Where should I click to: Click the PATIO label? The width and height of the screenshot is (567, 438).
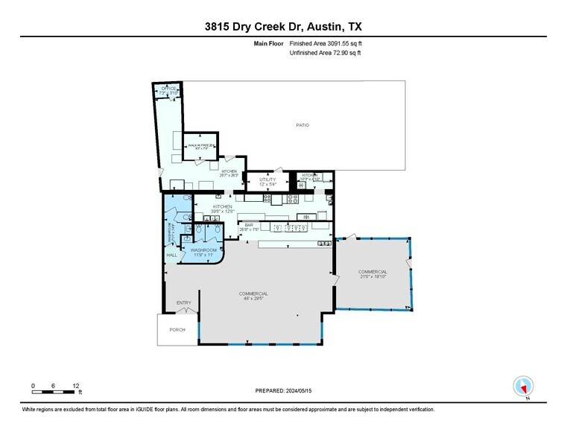pyautogui.click(x=302, y=124)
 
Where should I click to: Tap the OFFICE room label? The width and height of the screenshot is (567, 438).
pyautogui.click(x=169, y=89)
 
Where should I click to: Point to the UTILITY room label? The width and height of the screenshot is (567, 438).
pyautogui.click(x=268, y=180)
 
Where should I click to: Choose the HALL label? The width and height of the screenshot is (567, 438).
pyautogui.click(x=171, y=255)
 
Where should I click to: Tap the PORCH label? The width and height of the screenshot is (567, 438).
pyautogui.click(x=177, y=329)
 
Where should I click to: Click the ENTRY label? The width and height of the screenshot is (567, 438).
pyautogui.click(x=183, y=302)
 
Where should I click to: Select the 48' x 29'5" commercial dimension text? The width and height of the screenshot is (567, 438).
pyautogui.click(x=253, y=299)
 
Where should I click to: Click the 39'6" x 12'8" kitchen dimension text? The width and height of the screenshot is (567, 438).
pyautogui.click(x=223, y=211)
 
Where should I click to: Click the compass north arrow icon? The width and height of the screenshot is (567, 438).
pyautogui.click(x=524, y=387)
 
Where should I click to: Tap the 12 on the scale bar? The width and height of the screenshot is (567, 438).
pyautogui.click(x=76, y=385)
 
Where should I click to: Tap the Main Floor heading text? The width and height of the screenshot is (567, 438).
pyautogui.click(x=270, y=44)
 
